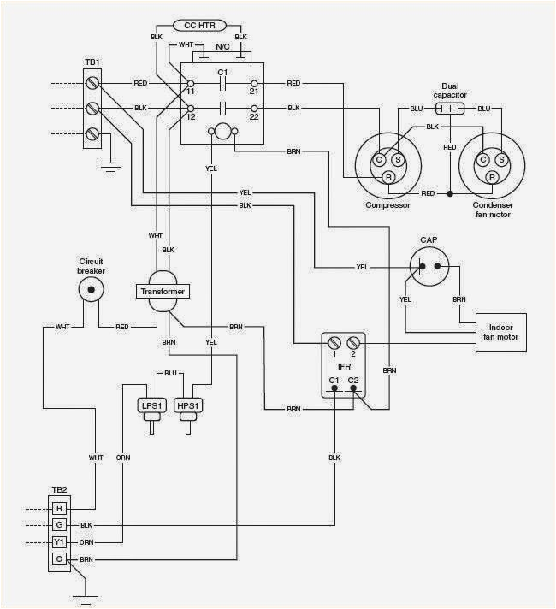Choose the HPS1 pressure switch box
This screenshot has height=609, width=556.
(x=187, y=405)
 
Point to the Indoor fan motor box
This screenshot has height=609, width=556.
(x=500, y=331)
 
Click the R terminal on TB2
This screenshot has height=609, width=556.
(x=59, y=508)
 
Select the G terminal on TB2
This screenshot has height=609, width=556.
(x=59, y=524)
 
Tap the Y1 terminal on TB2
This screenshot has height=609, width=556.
(x=59, y=541)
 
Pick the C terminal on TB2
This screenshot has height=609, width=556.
(x=59, y=559)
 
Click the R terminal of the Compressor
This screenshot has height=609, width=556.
(x=387, y=177)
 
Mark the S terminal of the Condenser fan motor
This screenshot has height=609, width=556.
(x=500, y=159)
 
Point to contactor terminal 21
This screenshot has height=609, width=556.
(x=253, y=84)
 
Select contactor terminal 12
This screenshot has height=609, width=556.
(x=191, y=108)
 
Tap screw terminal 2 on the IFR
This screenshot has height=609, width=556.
(x=352, y=342)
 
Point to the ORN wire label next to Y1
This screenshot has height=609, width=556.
(x=86, y=541)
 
